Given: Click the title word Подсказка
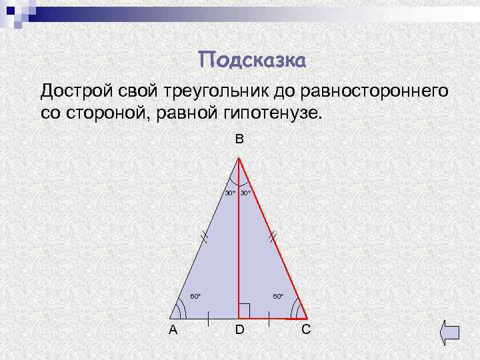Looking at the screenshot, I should (x=253, y=61).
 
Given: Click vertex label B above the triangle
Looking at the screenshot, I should (x=239, y=139).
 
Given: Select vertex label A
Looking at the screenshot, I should (x=173, y=329).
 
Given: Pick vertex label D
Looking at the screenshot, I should (x=239, y=329).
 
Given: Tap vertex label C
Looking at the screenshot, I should (x=305, y=329).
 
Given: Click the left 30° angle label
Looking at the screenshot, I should (x=229, y=193).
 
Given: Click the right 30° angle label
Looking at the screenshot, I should (x=245, y=193).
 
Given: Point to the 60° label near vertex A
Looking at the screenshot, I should (x=195, y=295).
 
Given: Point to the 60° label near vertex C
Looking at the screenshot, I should (x=278, y=295).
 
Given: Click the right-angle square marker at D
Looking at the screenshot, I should (x=244, y=311).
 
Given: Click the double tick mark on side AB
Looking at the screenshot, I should (x=205, y=235).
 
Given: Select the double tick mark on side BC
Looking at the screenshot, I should (x=272, y=235).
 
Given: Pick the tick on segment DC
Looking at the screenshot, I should (x=269, y=319).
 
